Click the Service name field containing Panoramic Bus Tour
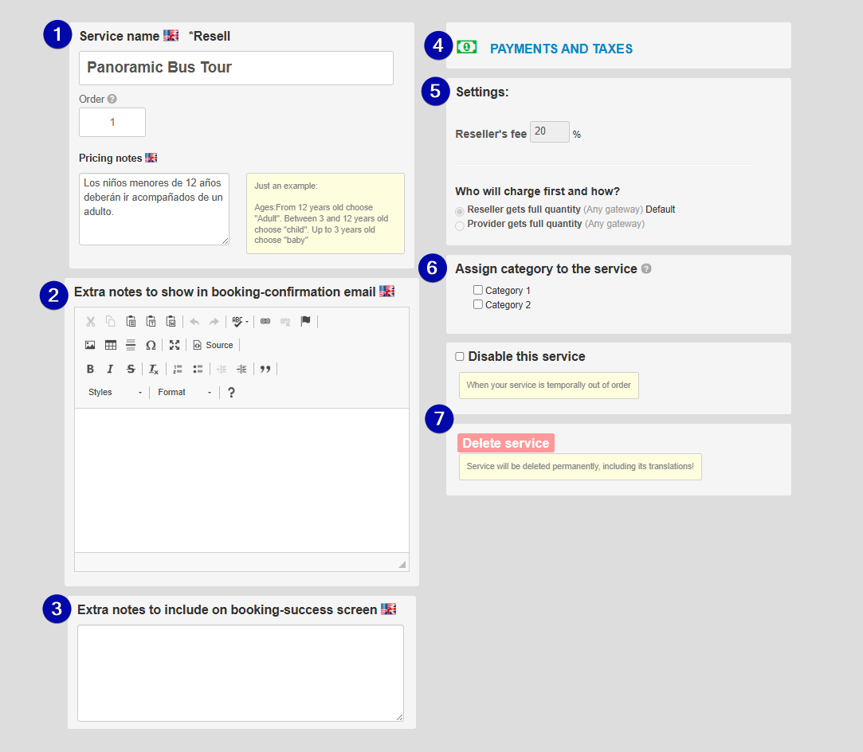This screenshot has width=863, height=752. point(236,68)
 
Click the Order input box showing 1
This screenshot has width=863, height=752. point(112,122)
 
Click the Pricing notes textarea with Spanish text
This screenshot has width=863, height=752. point(154,209)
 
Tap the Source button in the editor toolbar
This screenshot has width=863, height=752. point(213,345)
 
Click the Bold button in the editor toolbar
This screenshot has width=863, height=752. point(90,369)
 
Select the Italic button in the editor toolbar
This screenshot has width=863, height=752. point(110,369)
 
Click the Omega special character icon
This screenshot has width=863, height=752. point(151,345)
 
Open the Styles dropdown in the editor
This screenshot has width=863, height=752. point(115,392)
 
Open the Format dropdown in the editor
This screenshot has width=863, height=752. point(184,392)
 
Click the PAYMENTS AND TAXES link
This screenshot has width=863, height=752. point(562,49)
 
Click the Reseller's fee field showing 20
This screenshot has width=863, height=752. point(549,132)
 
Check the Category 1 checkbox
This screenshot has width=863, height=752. point(478,290)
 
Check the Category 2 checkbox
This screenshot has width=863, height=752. point(478,304)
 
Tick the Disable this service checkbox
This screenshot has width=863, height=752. point(460,356)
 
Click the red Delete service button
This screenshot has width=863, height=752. point(506,444)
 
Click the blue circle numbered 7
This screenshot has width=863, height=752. point(439,419)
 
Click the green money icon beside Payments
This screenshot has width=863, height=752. point(467,47)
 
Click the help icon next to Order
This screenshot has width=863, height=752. point(112,99)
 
